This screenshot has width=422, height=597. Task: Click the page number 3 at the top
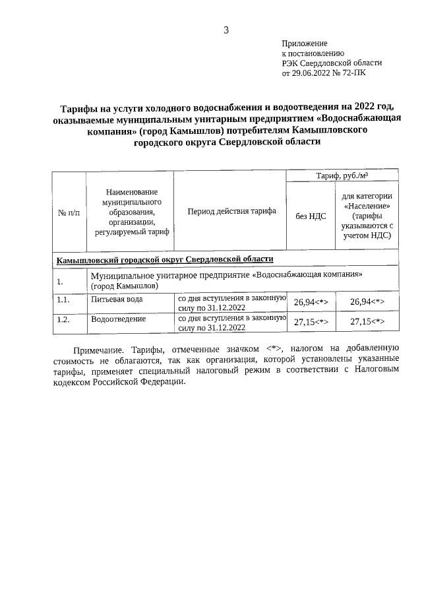click(226, 30)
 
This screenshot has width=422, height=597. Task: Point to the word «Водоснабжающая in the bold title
click(359, 120)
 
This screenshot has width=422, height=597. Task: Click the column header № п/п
click(69, 212)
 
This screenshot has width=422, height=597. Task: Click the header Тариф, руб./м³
click(342, 175)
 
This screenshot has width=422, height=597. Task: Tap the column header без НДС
click(311, 216)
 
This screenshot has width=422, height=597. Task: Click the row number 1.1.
click(63, 299)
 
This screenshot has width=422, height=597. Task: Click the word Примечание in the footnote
click(98, 350)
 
